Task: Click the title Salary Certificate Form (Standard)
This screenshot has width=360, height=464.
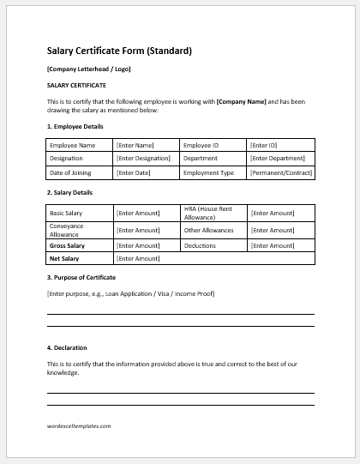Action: pos(118,50)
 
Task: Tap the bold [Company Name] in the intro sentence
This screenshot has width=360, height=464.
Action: pos(242,101)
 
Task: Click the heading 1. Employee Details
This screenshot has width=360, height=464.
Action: pos(76,126)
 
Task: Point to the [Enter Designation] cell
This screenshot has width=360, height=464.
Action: pos(145,159)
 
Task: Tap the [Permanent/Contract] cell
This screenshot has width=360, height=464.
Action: pos(280,172)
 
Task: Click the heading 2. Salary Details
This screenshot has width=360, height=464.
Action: pos(73,193)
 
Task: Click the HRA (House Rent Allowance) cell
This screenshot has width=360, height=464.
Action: pos(213,212)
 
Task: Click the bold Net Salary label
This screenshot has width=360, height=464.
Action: pos(64,257)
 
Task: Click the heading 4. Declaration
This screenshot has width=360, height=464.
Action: pos(66,347)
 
